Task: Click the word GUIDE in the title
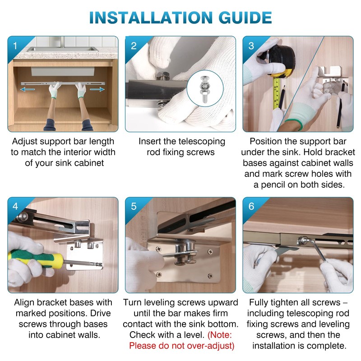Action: coord(245,18)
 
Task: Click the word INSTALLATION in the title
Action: coord(151,18)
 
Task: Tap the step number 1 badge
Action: coord(15,46)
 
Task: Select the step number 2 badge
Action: coord(134,46)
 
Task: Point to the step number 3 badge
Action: coord(251,46)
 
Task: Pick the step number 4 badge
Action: coord(15,206)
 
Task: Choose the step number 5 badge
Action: coord(134,206)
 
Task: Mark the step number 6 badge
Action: coord(251,206)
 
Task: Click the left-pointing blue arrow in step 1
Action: coord(28,89)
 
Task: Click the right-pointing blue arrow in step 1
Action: coord(97,89)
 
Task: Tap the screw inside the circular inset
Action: coord(205,89)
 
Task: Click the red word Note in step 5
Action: coord(219,335)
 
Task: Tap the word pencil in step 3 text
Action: coord(274,185)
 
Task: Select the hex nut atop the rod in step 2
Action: coord(163,76)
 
